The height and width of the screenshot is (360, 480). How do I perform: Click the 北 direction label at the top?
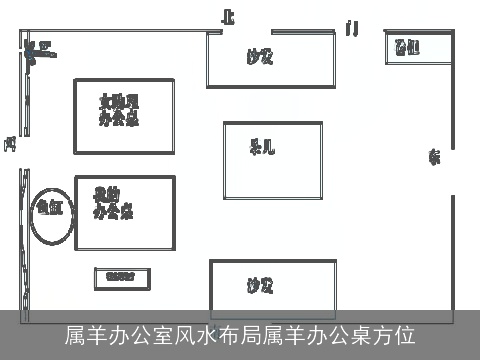pyautogui.click(x=229, y=17)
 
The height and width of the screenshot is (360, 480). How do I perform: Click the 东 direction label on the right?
pyautogui.click(x=434, y=156)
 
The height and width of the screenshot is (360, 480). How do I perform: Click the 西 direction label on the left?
pyautogui.click(x=9, y=144)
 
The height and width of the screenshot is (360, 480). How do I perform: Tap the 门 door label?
pyautogui.click(x=351, y=28)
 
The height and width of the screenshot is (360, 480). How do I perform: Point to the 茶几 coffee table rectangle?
pyautogui.click(x=272, y=160)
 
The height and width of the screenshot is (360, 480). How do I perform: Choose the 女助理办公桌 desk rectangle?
pyautogui.click(x=124, y=116)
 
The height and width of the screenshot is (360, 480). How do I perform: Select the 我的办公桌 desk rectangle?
pyautogui.click(x=124, y=213)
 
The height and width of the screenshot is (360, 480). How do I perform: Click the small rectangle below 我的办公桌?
pyautogui.click(x=120, y=278)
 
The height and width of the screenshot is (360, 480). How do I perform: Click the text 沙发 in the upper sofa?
pyautogui.click(x=260, y=57)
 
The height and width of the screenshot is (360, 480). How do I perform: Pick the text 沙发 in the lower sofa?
pyautogui.click(x=260, y=286)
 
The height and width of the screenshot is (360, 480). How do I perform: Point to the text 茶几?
pyautogui.click(x=262, y=149)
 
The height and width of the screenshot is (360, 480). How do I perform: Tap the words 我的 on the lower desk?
pyautogui.click(x=106, y=192)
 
